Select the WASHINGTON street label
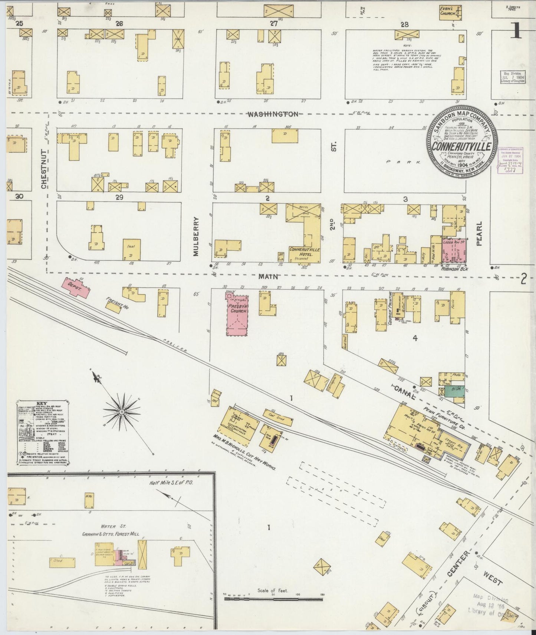coord(273,114)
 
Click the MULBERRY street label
coord(196,236)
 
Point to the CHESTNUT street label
coord(44,169)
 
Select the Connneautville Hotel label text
coord(305,252)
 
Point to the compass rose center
coord(122,412)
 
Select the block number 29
coord(119,197)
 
